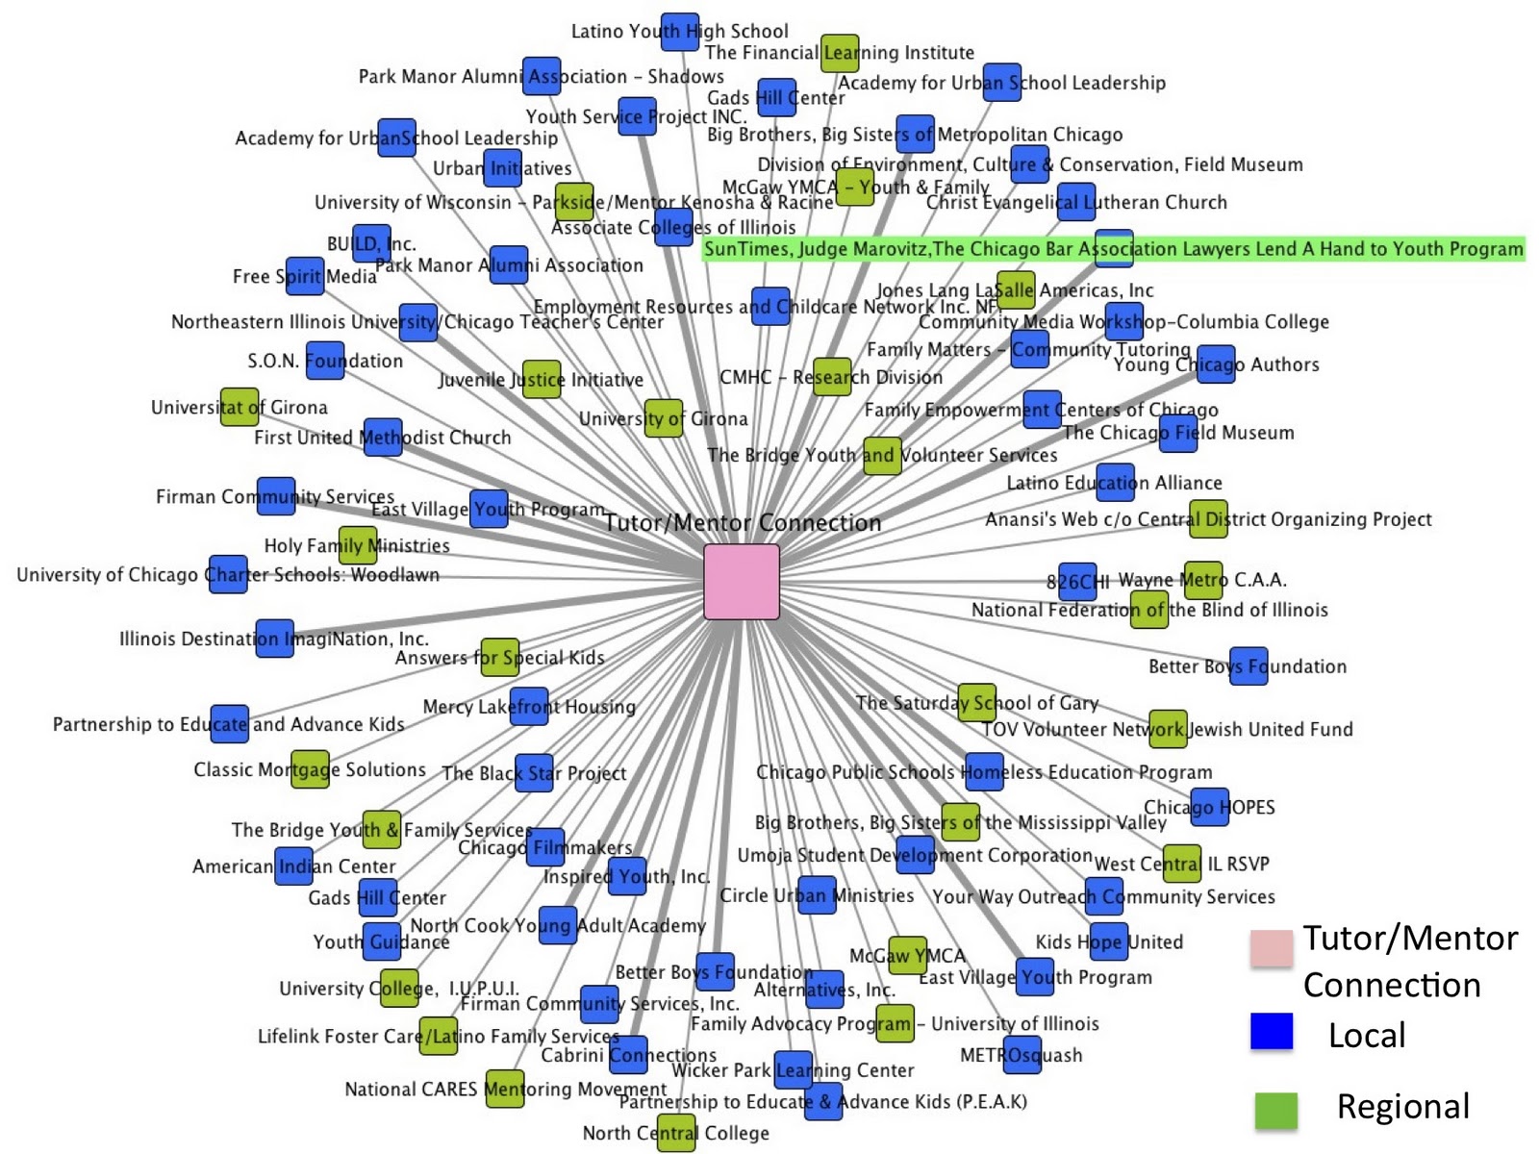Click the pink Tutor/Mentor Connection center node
[x=741, y=582]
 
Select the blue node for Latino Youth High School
[x=679, y=32]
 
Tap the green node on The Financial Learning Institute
[x=840, y=53]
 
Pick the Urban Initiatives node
[x=502, y=168]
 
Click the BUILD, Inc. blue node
[x=371, y=243]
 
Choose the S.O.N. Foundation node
[x=325, y=361]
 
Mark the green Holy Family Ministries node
[x=358, y=545]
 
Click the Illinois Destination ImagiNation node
[x=275, y=639]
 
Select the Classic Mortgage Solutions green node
[x=310, y=769]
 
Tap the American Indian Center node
[x=294, y=866]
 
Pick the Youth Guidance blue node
[x=382, y=941]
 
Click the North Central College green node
[x=676, y=1133]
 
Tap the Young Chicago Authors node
[x=1216, y=364]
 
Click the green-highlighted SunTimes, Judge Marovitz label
[x=1114, y=249]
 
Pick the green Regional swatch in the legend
[x=1275, y=1109]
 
